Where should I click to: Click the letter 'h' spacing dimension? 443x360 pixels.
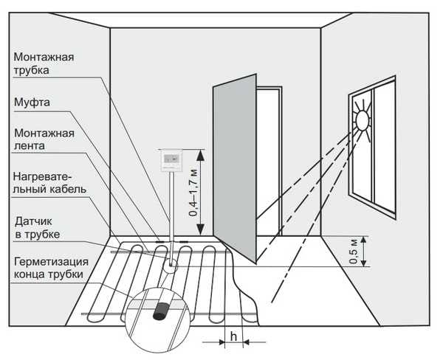233,336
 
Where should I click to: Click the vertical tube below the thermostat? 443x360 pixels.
171,207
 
